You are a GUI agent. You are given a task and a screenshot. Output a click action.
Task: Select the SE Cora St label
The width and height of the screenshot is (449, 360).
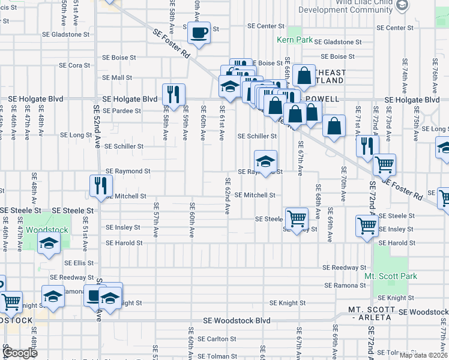click(x=75, y=65)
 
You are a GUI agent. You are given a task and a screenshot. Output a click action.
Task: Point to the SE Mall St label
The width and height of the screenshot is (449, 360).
click(x=117, y=77)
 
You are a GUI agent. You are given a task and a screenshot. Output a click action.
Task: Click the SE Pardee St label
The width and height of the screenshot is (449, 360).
click(x=121, y=110)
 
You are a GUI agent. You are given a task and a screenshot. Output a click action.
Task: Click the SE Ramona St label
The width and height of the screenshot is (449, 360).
click(x=345, y=286)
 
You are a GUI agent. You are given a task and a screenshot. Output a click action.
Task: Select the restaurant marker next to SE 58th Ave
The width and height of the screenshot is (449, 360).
click(x=173, y=94)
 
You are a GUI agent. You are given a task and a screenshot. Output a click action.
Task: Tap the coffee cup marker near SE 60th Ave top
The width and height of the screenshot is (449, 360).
click(x=199, y=32)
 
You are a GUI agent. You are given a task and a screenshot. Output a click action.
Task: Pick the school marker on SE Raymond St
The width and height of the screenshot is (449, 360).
click(x=265, y=161)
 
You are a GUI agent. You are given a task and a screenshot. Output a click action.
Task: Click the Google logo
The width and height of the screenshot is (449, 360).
click(x=19, y=353)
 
